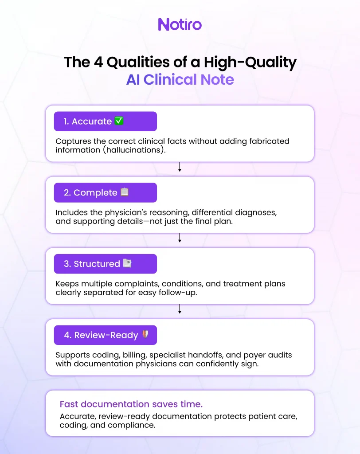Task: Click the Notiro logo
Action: point(180,24)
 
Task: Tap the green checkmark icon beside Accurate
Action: point(119,121)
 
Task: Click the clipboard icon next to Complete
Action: point(125,192)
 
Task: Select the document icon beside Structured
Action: point(127,263)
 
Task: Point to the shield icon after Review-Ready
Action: point(145,334)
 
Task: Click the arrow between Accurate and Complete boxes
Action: point(180,167)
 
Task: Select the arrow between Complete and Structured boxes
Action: point(180,238)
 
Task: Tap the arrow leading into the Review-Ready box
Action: point(180,309)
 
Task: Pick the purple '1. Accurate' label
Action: point(106,121)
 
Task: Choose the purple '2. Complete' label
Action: point(106,192)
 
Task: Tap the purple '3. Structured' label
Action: point(106,264)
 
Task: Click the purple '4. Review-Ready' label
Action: point(106,335)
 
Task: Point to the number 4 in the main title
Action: point(98,62)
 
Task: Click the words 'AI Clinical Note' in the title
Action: point(180,80)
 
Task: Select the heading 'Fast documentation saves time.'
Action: point(131,404)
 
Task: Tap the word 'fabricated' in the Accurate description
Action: point(269,141)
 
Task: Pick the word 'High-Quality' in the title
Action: point(250,63)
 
